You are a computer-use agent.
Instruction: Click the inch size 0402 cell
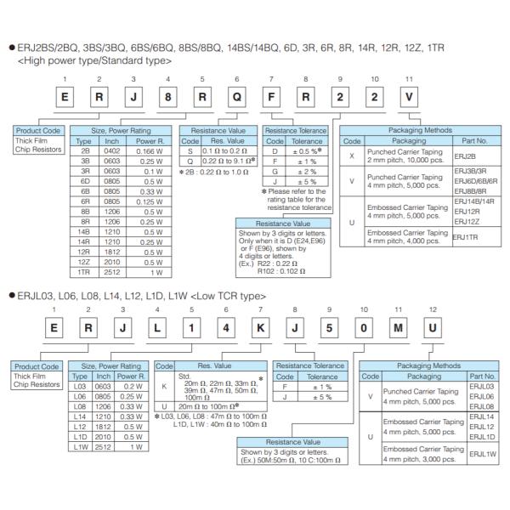pos(112,149)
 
